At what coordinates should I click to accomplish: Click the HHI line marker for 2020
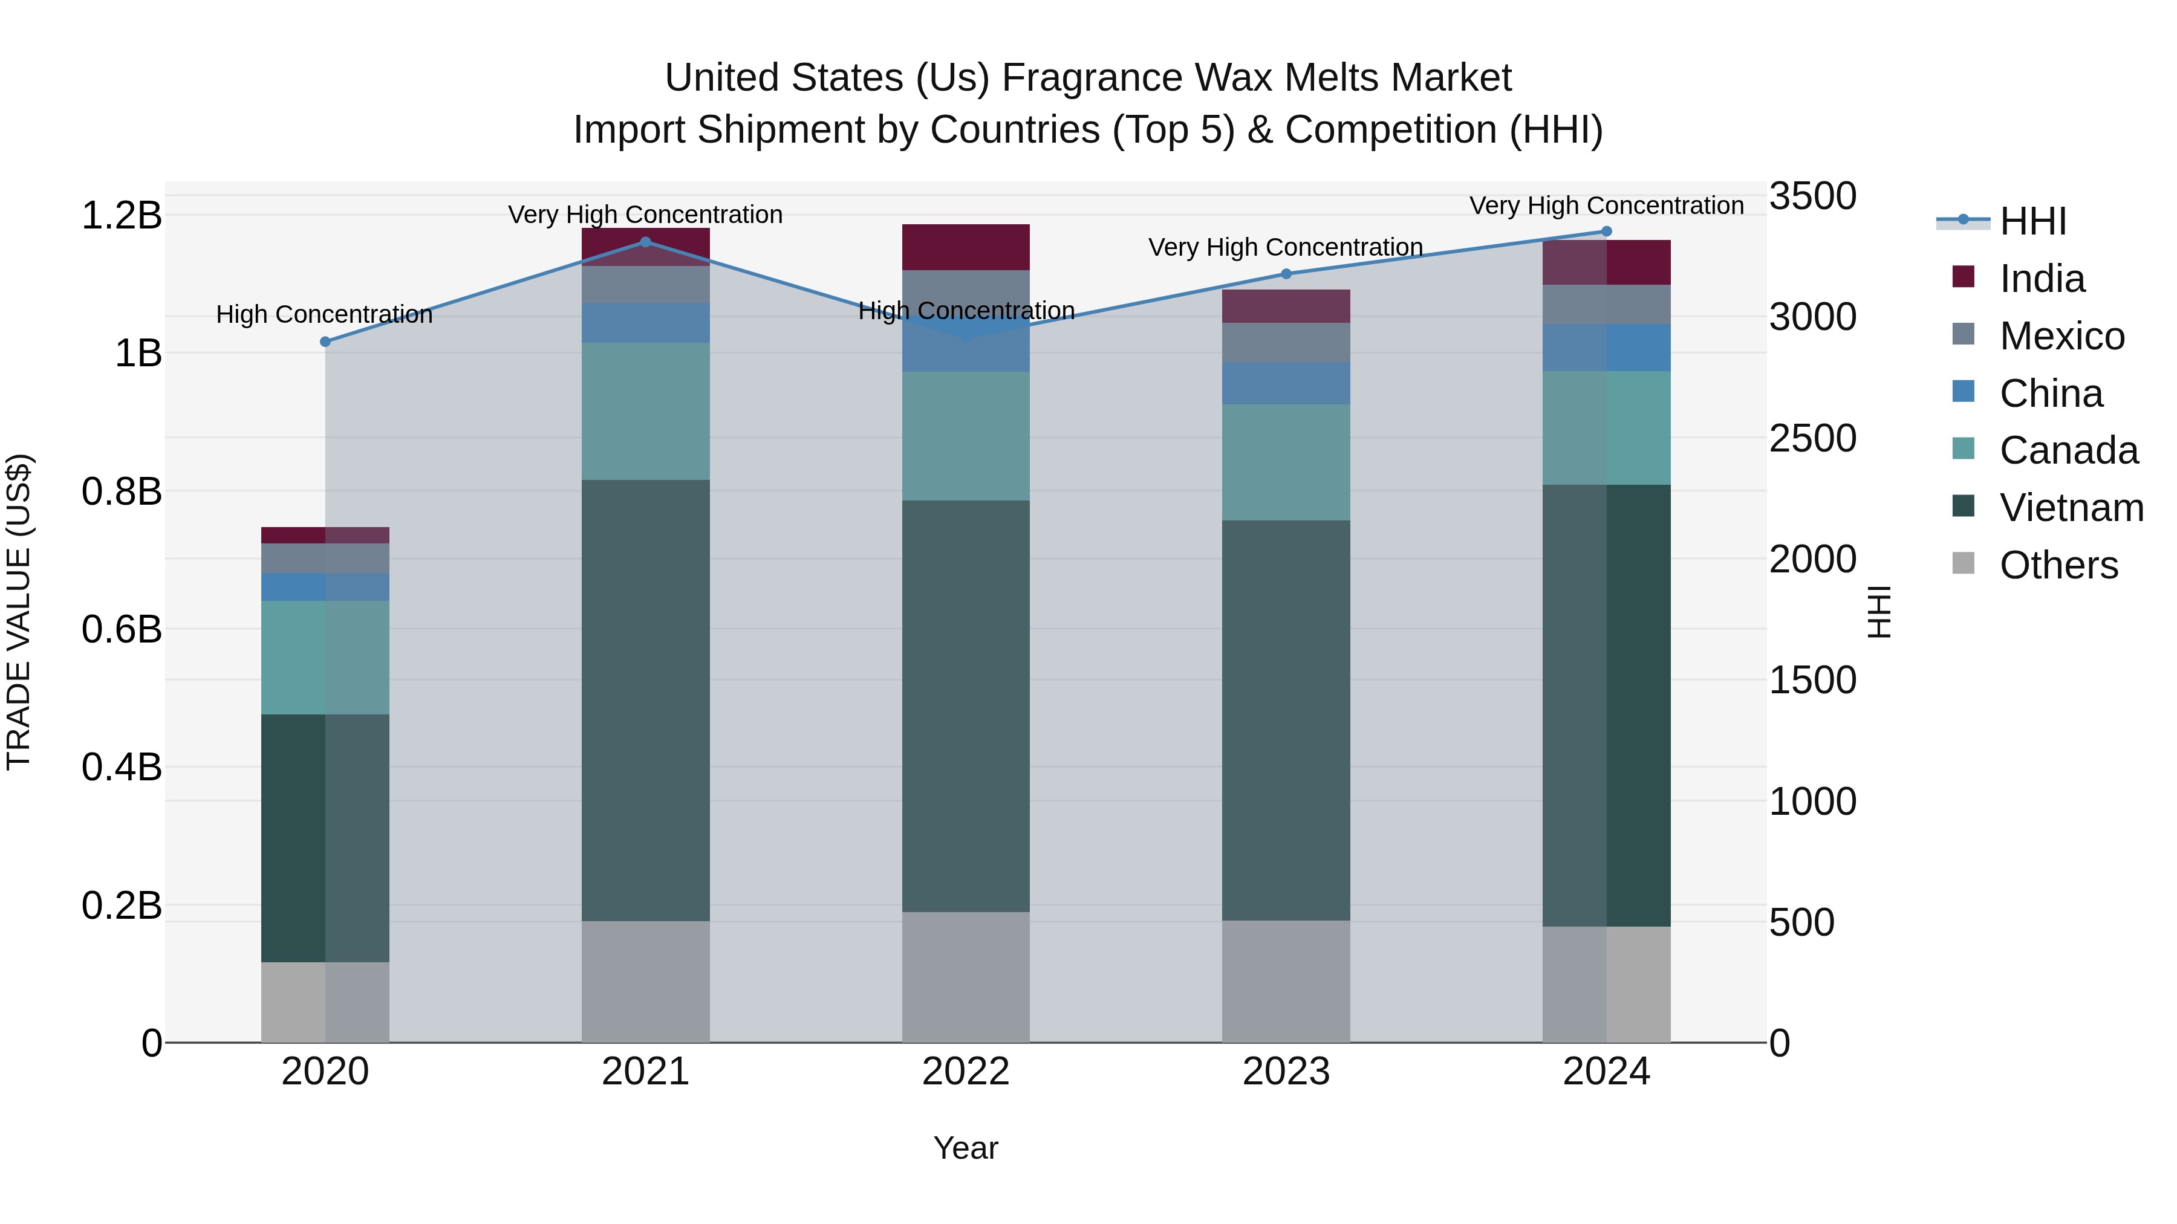(x=325, y=342)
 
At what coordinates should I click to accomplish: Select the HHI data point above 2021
(x=646, y=242)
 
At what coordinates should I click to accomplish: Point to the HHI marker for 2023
(x=1286, y=274)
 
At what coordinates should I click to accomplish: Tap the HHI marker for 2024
(x=1607, y=232)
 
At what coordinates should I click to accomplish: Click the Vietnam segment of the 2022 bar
(x=966, y=705)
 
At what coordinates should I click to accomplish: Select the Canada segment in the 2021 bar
(x=646, y=412)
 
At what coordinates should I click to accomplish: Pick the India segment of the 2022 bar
(x=966, y=247)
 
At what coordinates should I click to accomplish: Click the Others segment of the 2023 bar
(x=1286, y=982)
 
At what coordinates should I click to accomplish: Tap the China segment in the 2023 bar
(x=1286, y=383)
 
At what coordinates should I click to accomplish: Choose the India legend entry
(x=2042, y=279)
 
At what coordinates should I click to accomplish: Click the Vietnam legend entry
(x=2071, y=508)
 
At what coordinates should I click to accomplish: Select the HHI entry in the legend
(x=2032, y=221)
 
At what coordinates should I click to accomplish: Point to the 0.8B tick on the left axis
(x=122, y=491)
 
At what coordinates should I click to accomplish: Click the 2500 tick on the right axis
(x=1813, y=438)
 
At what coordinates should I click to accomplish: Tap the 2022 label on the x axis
(x=966, y=1072)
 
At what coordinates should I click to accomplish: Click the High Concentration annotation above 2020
(x=325, y=314)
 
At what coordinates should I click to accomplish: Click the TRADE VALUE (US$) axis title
(x=19, y=612)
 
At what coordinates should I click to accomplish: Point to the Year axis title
(x=966, y=1148)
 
